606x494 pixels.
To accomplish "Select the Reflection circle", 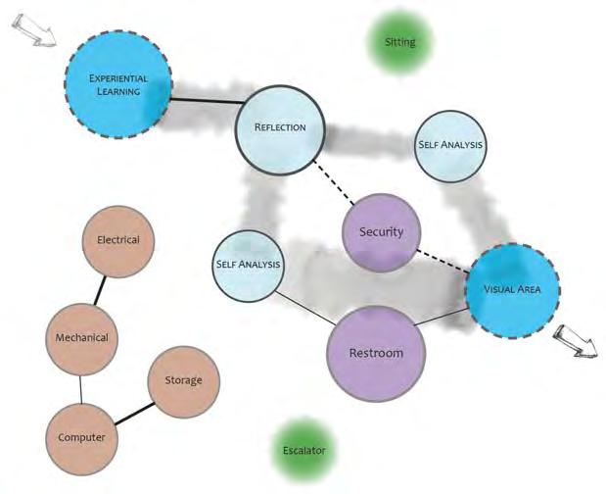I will pos(281,127).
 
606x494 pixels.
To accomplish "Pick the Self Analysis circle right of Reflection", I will pos(450,145).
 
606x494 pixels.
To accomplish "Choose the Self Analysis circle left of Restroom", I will pos(248,265).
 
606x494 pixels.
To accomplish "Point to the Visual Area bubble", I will pos(513,289).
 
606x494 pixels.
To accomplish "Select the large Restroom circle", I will pos(376,353).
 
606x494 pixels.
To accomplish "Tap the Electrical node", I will pos(118,240).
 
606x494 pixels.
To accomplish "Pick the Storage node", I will pos(184,379).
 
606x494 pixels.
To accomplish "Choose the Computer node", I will pos(81,437).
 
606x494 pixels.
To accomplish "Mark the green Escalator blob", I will pos(303,451).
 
